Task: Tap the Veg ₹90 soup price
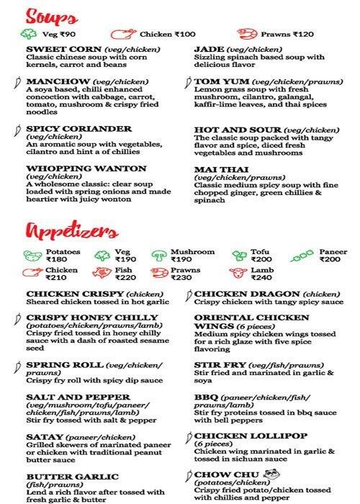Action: tap(59, 33)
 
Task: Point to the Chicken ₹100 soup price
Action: tap(170, 33)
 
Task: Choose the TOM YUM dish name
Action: tap(215, 81)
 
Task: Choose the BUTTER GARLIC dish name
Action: tap(73, 477)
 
